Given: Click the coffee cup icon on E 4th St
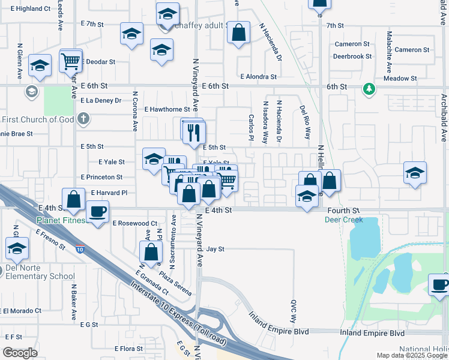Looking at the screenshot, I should click(98, 211).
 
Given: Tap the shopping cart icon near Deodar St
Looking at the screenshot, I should click(71, 61).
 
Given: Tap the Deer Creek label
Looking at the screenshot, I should click(343, 220).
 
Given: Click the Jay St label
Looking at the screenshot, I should click(215, 248).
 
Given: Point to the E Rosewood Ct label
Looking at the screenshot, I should click(135, 223).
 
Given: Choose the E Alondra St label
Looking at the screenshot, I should click(258, 77).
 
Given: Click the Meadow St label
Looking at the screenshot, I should click(400, 79).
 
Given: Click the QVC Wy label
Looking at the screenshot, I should click(294, 311).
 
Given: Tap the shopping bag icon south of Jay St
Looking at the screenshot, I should click(151, 252).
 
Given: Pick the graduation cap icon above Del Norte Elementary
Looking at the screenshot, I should click(17, 248).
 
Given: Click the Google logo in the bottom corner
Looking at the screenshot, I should click(20, 353).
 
